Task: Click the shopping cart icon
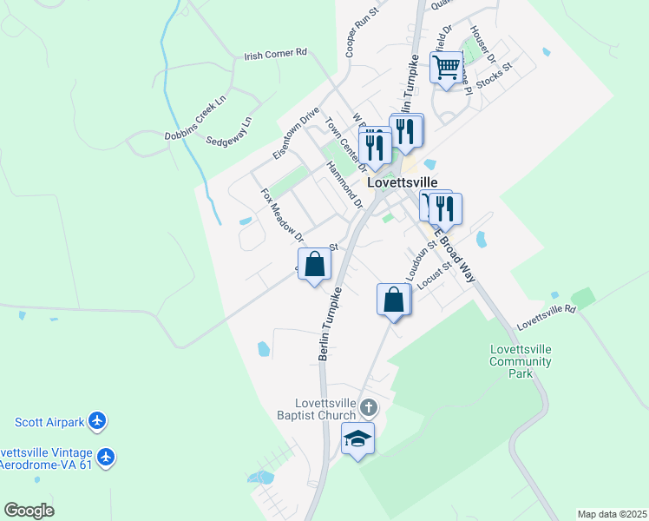(447, 67)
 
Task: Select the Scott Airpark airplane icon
(97, 423)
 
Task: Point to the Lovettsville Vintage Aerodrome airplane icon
(107, 456)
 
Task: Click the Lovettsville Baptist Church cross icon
(369, 407)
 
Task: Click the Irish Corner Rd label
(276, 53)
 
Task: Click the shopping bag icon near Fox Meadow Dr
(315, 264)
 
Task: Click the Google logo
(29, 511)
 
